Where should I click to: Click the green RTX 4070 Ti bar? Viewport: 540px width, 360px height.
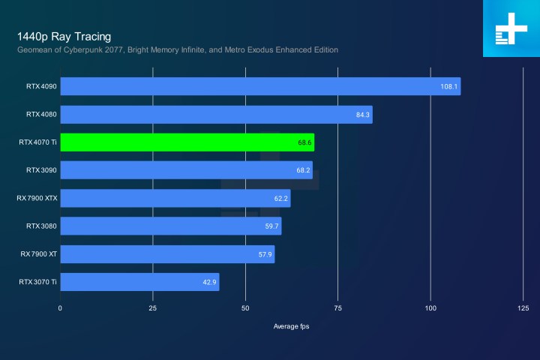coord(187,142)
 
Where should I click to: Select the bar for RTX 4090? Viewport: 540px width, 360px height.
coord(259,86)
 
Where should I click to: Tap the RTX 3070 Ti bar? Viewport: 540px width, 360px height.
coord(139,282)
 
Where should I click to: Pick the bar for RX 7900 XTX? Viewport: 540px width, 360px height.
coord(175,198)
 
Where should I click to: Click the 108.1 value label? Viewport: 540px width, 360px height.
coord(448,86)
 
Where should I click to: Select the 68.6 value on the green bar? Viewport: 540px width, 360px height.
coord(303,142)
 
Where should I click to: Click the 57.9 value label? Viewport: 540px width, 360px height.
coord(263,254)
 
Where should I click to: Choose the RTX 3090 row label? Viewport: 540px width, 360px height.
coord(41,170)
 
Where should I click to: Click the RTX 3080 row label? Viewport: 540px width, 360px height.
coord(41,226)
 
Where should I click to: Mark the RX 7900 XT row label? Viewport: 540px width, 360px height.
coord(39,254)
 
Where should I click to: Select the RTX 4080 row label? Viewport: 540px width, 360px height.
coord(41,115)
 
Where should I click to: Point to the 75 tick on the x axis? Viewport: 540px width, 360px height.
coord(337,308)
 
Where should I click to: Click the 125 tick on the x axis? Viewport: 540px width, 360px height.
coord(523,308)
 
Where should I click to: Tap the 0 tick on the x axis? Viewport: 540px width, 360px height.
coord(61,308)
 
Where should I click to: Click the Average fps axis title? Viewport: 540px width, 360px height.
coord(292,327)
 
